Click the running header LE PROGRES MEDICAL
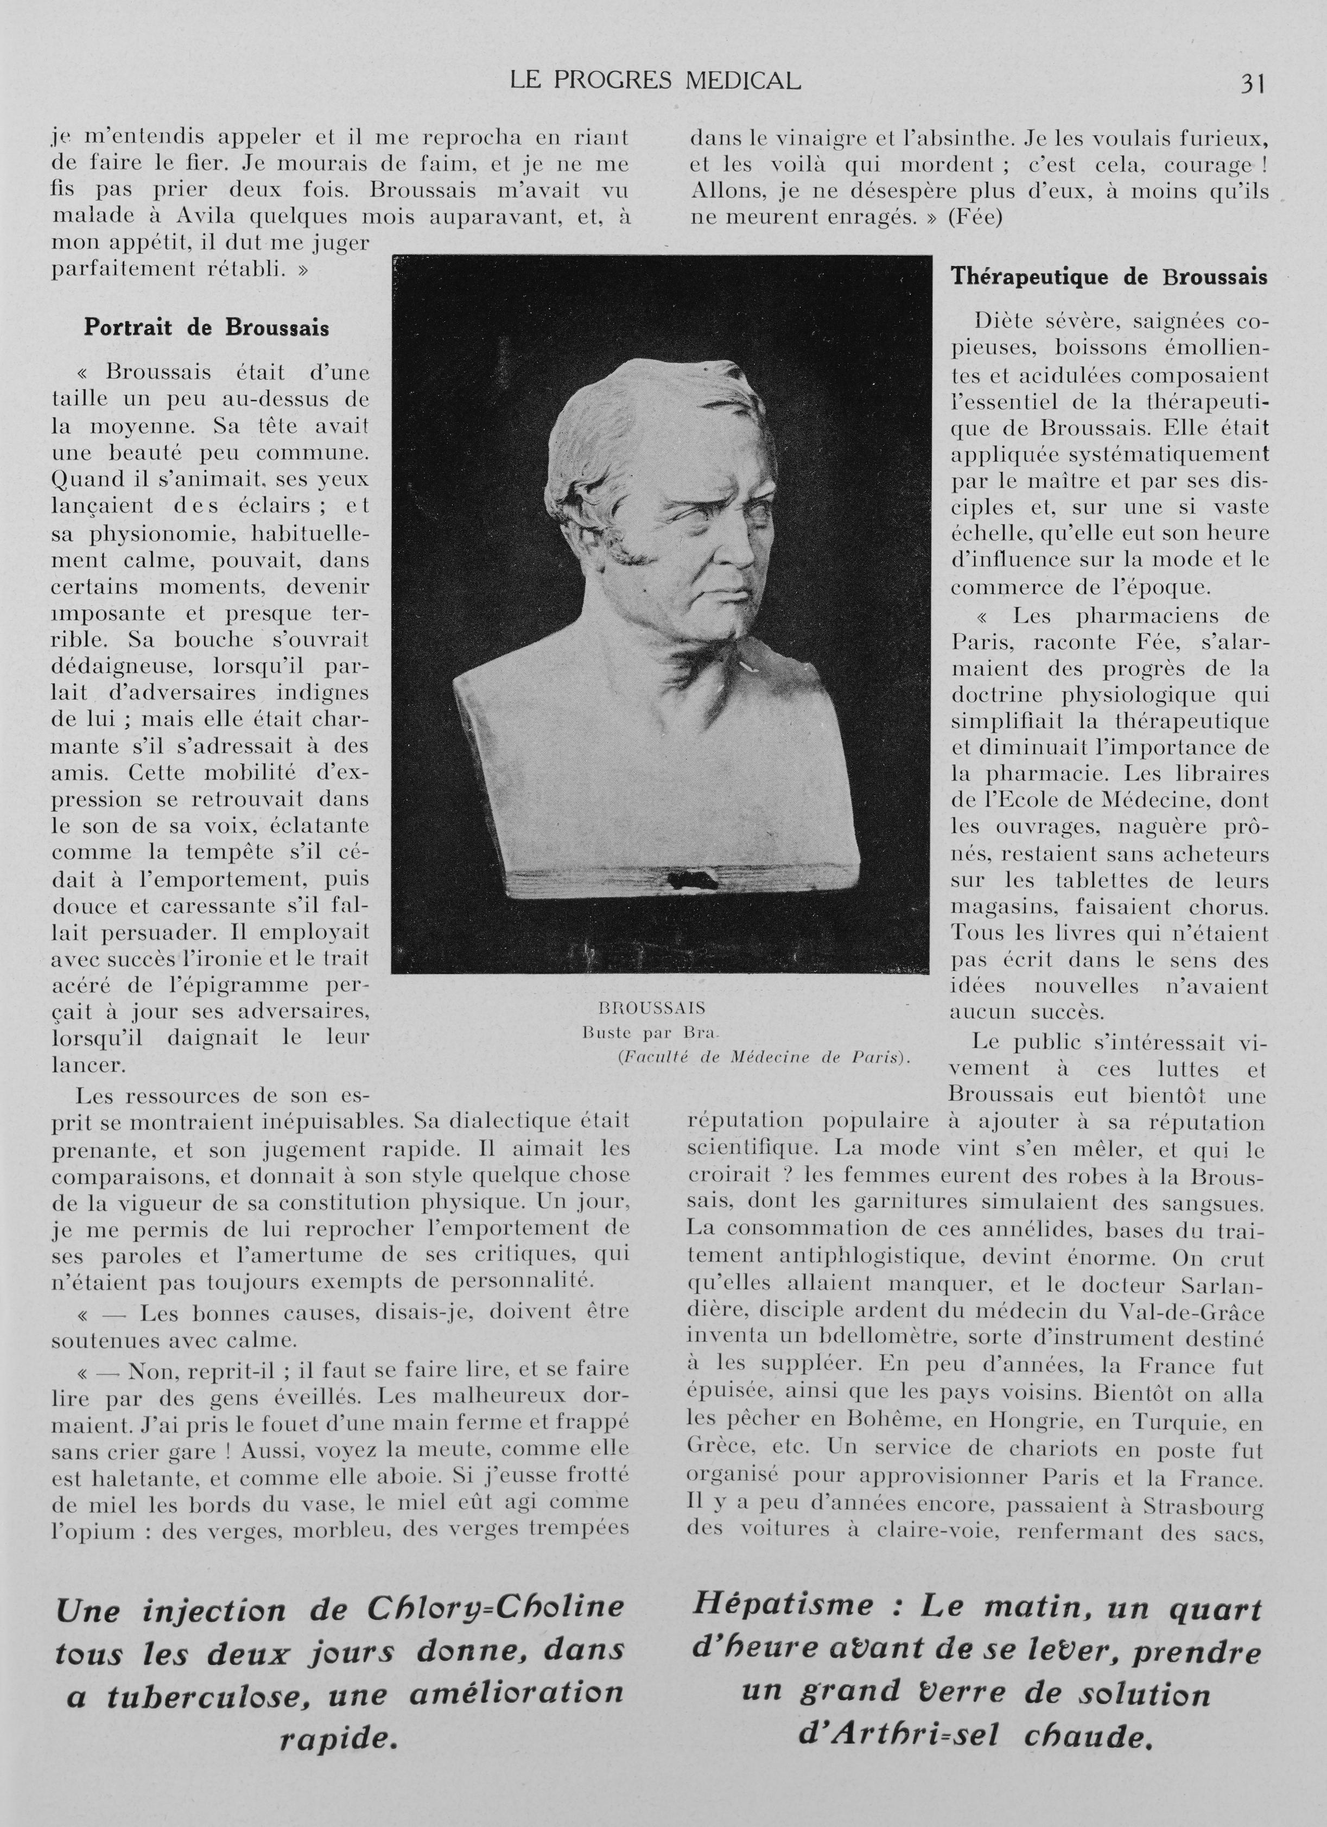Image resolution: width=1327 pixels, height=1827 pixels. (656, 80)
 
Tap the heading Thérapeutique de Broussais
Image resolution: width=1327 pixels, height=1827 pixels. (1109, 277)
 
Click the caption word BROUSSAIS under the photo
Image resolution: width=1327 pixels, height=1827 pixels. (652, 1008)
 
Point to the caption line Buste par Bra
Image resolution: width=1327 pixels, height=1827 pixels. (650, 1032)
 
